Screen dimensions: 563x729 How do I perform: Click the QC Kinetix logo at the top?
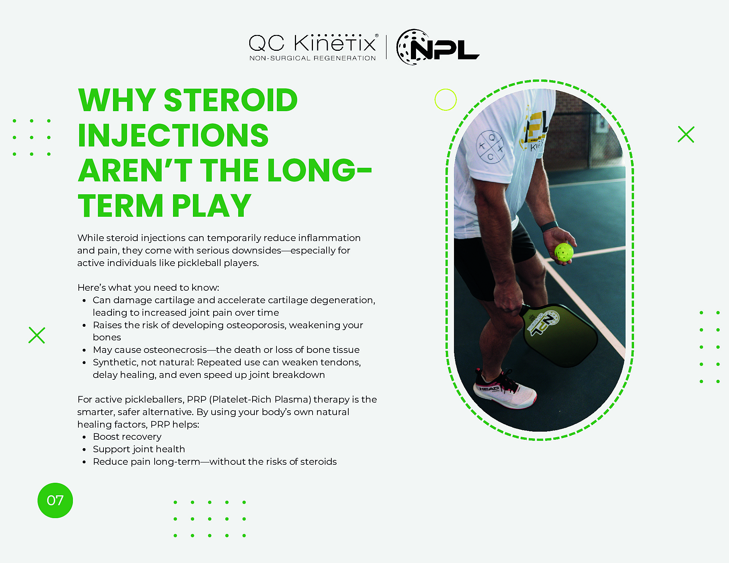tap(312, 44)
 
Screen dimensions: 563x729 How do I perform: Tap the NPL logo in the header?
tap(438, 47)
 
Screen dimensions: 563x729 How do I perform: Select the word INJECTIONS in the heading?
tap(173, 135)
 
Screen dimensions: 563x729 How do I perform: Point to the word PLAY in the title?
tap(211, 206)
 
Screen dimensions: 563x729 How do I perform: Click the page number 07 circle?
tap(55, 500)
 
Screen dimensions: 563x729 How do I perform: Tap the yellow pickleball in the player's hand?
tap(564, 252)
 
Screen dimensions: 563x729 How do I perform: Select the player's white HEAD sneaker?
tap(504, 392)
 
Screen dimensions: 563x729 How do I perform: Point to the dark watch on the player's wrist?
tap(549, 226)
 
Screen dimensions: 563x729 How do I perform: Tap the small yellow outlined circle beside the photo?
tap(445, 100)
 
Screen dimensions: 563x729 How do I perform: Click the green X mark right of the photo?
tap(686, 134)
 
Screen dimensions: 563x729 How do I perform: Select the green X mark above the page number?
tap(37, 335)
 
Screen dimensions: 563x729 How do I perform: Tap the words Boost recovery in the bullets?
tap(127, 437)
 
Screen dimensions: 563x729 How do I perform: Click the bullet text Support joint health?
tap(139, 449)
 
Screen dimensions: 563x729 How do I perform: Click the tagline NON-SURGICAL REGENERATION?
tap(312, 58)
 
